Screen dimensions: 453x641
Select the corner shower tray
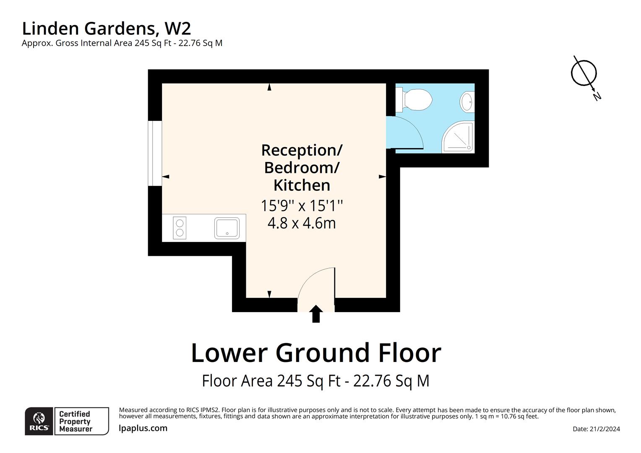[x=459, y=137]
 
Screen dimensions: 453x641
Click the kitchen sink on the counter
[x=227, y=228]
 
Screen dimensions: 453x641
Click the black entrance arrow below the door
[x=316, y=314]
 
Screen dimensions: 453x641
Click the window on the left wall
[x=155, y=153]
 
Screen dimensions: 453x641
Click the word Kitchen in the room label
[x=302, y=185]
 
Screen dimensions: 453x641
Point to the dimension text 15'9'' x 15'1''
[x=302, y=206]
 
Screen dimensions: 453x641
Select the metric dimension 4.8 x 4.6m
[x=302, y=223]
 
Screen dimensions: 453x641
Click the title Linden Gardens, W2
[x=107, y=29]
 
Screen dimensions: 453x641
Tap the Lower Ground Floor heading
[x=316, y=353]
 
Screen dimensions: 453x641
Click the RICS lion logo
[x=39, y=421]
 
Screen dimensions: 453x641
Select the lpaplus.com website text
[x=143, y=428]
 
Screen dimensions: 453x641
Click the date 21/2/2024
[x=596, y=429]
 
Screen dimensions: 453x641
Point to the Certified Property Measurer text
[x=76, y=422]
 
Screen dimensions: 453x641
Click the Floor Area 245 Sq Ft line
[x=315, y=381]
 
